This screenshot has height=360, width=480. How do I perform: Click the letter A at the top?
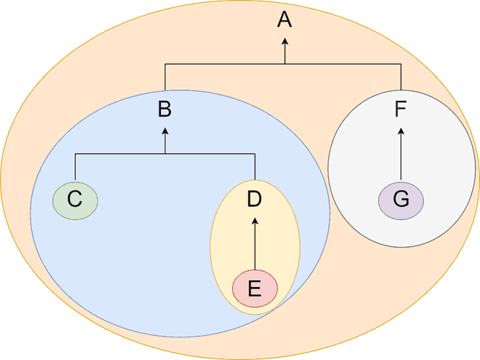point(285,20)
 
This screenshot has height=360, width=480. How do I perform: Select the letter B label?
point(165,110)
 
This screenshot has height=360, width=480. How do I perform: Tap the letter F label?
point(401,110)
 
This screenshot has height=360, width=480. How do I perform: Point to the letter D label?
point(255,199)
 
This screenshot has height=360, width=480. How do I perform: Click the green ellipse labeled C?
point(75,200)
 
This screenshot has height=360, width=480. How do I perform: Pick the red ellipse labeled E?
point(255,288)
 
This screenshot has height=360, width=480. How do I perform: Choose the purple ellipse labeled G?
point(401,200)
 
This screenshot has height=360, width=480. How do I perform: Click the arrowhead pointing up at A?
point(285,42)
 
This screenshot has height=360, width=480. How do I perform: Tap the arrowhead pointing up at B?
point(165,132)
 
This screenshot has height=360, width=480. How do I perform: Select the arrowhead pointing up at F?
point(401,132)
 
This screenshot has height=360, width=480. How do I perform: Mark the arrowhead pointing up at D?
point(255,221)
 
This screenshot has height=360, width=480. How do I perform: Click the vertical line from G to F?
point(401,155)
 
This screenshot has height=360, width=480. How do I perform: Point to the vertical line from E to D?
point(255,244)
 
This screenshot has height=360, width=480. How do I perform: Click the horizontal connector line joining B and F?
point(283,64)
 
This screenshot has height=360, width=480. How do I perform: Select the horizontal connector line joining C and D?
point(165,153)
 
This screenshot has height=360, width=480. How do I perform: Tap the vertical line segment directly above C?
point(75,167)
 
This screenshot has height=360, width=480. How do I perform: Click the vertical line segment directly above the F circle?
point(401,77)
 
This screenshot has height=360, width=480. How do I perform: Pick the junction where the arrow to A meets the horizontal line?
point(285,64)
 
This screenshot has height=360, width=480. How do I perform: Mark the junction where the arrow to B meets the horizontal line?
point(165,153)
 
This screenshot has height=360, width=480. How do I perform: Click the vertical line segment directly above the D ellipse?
point(255,167)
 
